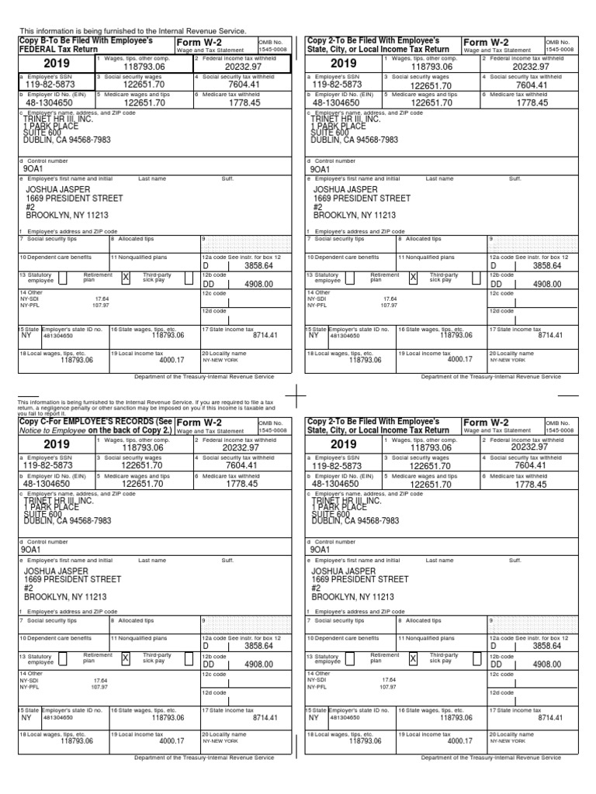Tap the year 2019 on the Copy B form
(56, 64)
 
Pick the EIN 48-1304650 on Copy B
(52, 102)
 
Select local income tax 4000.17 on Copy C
(172, 741)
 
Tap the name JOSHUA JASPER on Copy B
(58, 189)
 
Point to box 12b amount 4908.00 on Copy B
(258, 285)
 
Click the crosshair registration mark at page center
(297, 395)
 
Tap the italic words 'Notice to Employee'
(52, 430)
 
